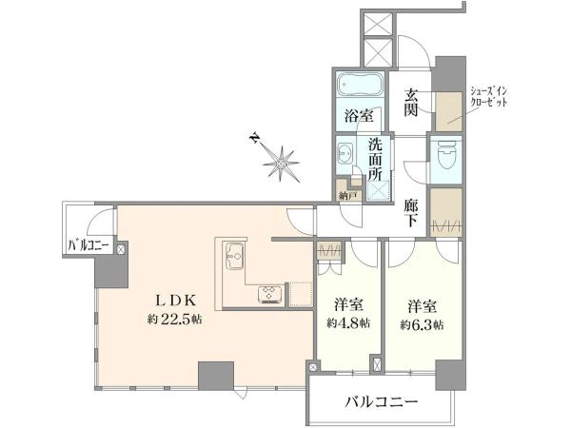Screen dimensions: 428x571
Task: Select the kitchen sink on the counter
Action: [x=234, y=257]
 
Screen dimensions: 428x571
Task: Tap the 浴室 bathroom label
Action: [x=358, y=118]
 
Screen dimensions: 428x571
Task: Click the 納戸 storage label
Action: [x=349, y=195]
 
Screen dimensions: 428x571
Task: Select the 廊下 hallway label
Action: [x=411, y=211]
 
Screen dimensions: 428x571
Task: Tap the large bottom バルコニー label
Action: [x=381, y=402]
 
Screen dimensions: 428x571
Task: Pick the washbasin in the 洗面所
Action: [x=345, y=155]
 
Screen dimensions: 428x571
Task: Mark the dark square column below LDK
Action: [x=211, y=375]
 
